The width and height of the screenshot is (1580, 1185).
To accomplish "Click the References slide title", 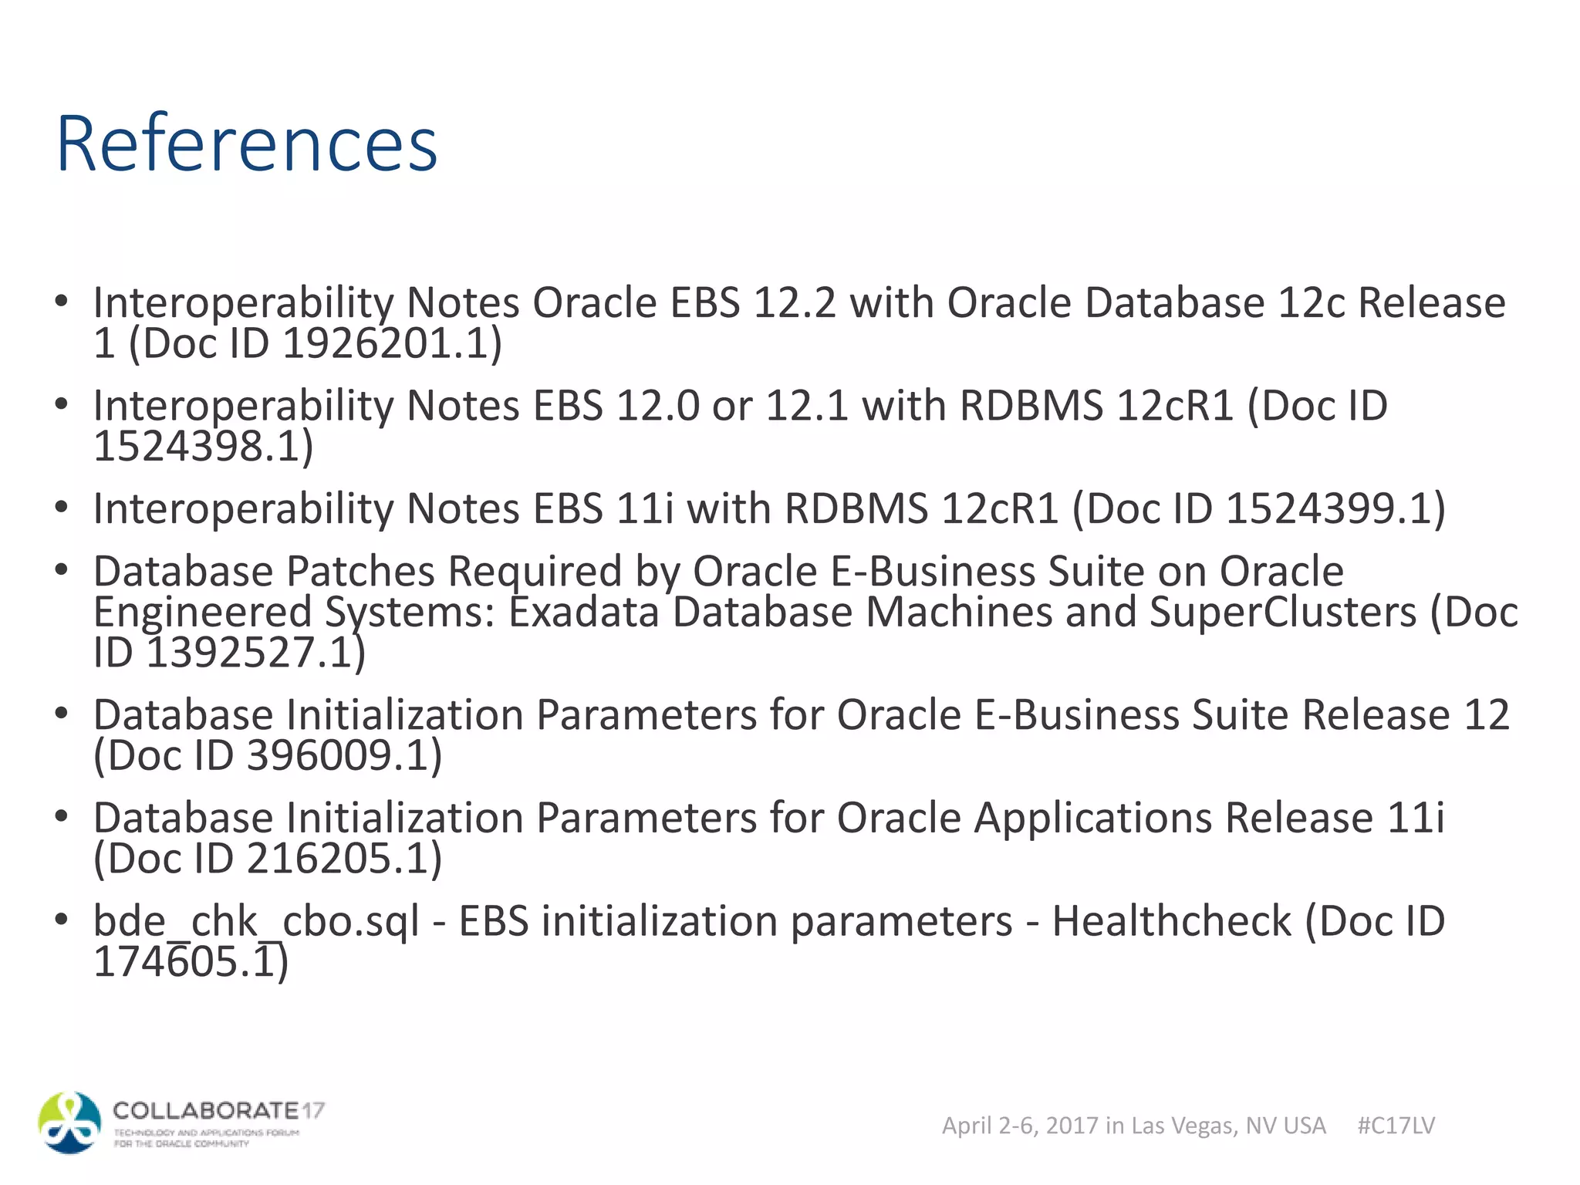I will point(247,143).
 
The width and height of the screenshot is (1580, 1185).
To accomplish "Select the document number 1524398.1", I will point(196,447).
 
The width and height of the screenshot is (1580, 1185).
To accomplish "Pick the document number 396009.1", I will point(335,755).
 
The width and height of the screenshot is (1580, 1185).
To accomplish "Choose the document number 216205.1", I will point(335,859).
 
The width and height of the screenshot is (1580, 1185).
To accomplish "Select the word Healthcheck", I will point(1171,921).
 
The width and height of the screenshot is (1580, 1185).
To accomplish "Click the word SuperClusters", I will point(1282,613).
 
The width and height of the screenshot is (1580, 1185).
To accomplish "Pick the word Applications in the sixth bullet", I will point(1092,818).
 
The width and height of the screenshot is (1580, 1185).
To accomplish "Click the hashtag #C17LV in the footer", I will point(1396,1126).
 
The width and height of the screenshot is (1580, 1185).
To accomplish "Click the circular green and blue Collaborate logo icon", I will point(69,1123).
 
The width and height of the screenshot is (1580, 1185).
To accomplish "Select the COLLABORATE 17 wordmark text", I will point(218,1111).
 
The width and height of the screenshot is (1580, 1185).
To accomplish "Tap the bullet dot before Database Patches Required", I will point(62,570).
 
